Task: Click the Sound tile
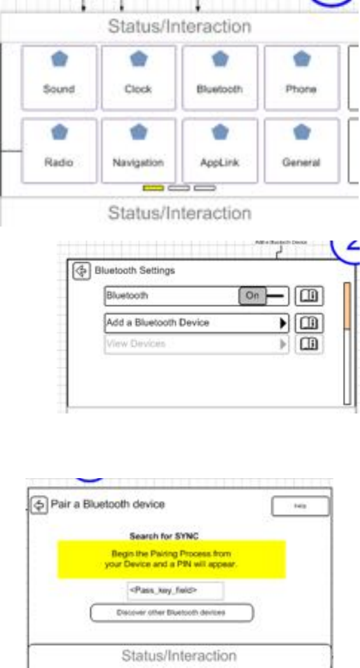(x=59, y=77)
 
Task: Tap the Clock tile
(x=138, y=77)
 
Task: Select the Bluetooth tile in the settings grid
(x=220, y=77)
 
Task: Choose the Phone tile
(x=301, y=77)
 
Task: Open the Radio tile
(x=59, y=150)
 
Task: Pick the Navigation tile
(x=138, y=150)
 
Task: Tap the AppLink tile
(x=220, y=150)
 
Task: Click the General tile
(x=301, y=150)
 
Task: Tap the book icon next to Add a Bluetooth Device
(x=309, y=322)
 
